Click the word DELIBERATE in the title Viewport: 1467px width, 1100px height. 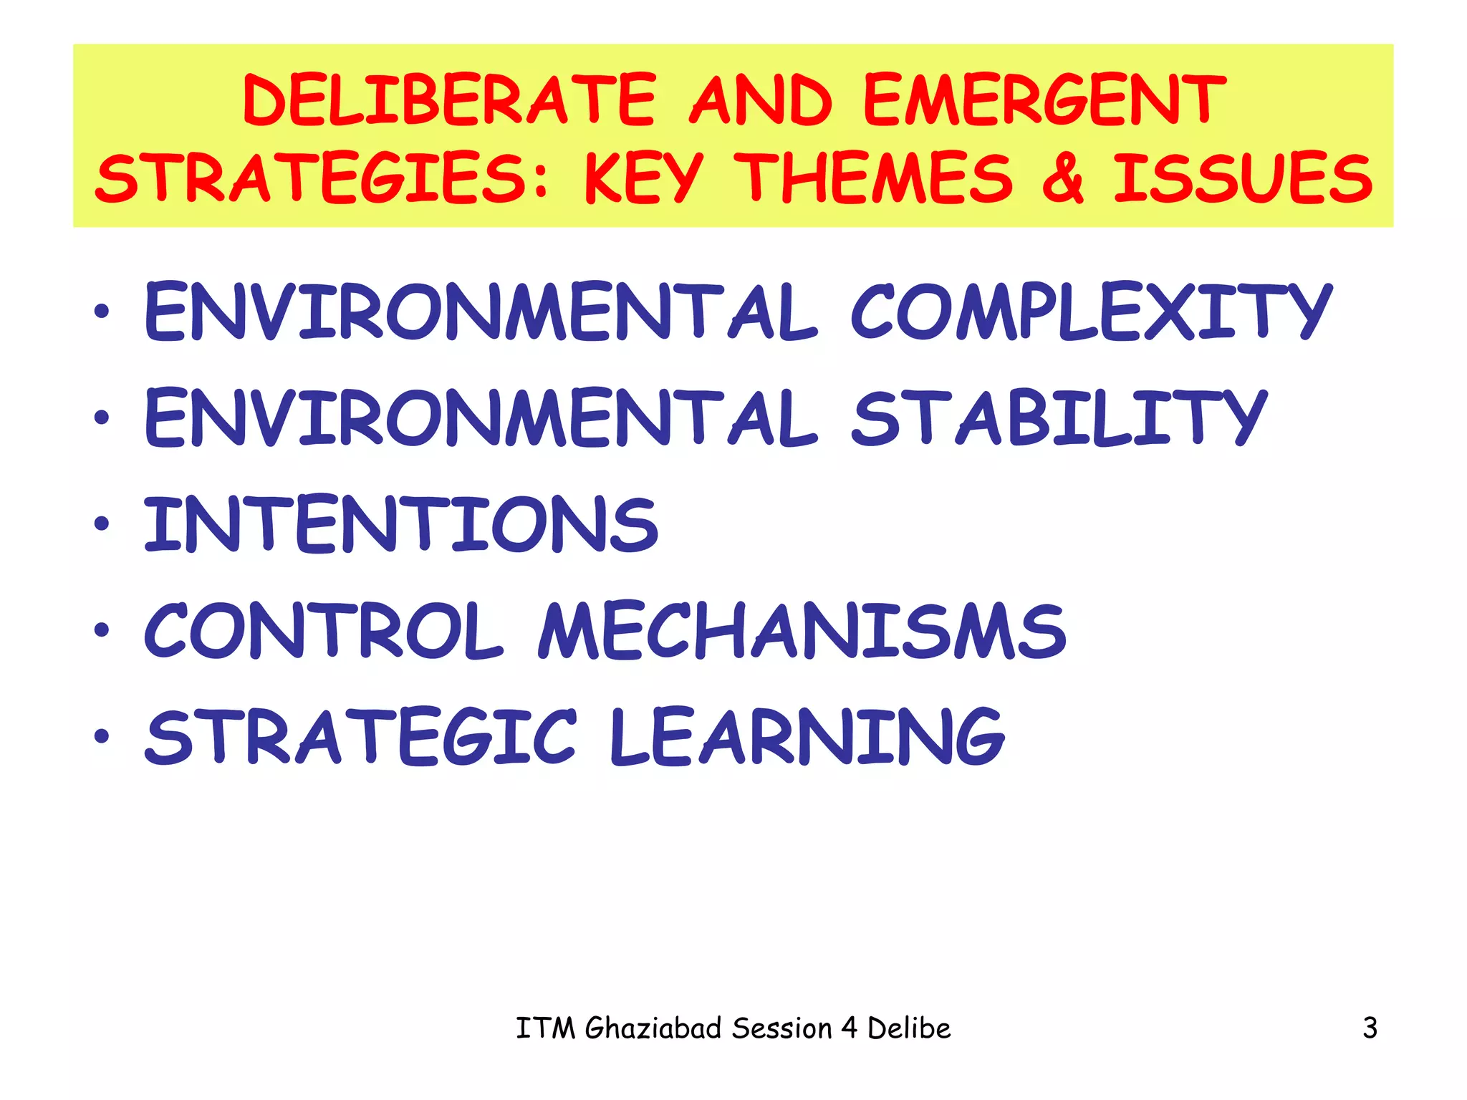pyautogui.click(x=449, y=100)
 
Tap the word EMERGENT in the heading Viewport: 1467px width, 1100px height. pyautogui.click(x=1044, y=100)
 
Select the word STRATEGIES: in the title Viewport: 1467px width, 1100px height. pyautogui.click(x=322, y=178)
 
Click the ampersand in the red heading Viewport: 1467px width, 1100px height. pyautogui.click(x=1062, y=178)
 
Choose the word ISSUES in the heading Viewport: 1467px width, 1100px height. pyautogui.click(x=1243, y=178)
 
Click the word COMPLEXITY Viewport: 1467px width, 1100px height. pyautogui.click(x=1091, y=312)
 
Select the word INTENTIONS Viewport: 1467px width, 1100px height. pyautogui.click(x=401, y=524)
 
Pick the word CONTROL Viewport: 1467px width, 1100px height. pyautogui.click(x=324, y=630)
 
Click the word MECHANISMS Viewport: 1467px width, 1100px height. pyautogui.click(x=802, y=630)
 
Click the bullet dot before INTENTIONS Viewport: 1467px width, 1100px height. pyautogui.click(x=102, y=524)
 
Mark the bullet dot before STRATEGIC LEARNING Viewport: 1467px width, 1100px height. pyautogui.click(x=102, y=735)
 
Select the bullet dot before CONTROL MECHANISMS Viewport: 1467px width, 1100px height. pyautogui.click(x=102, y=629)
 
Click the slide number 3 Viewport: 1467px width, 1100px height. pyautogui.click(x=1370, y=1028)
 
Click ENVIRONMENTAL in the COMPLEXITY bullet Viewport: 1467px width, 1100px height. pyautogui.click(x=480, y=312)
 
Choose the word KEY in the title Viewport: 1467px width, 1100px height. pyautogui.click(x=643, y=178)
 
